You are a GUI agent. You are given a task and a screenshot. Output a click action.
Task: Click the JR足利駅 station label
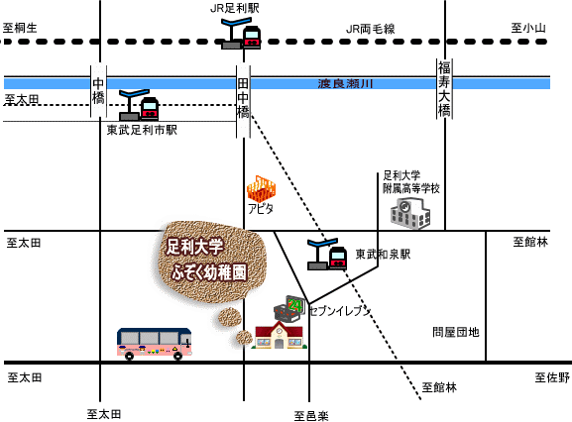[x=235, y=9]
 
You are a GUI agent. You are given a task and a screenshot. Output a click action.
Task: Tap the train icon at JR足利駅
[x=252, y=37]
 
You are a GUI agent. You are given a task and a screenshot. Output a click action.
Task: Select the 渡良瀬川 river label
[x=345, y=84]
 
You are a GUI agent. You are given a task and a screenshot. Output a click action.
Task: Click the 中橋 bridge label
[x=98, y=91]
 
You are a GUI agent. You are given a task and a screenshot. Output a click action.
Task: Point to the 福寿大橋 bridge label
[x=444, y=88]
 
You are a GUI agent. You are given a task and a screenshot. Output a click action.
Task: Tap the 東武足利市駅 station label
[x=142, y=130]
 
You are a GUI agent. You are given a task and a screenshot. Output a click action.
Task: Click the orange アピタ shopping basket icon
[x=261, y=189]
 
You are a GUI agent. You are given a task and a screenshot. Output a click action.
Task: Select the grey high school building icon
[x=410, y=213]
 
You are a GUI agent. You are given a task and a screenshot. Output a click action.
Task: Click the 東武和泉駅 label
[x=383, y=254]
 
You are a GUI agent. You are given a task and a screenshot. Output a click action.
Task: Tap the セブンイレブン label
[x=340, y=311]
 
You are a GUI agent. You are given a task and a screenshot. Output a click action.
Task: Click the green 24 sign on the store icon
[x=295, y=305]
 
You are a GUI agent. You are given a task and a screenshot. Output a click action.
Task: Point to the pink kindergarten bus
[x=155, y=344]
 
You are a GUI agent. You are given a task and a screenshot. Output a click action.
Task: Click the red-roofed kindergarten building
[x=280, y=335]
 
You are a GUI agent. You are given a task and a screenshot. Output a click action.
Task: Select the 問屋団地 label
[x=456, y=332]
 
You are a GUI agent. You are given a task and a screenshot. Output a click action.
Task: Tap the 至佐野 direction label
[x=552, y=377]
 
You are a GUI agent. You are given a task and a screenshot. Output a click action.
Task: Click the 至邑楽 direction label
[x=311, y=416]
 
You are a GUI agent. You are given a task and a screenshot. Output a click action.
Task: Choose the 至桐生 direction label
[x=20, y=28]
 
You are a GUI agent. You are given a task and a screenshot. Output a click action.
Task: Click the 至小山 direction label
[x=527, y=28]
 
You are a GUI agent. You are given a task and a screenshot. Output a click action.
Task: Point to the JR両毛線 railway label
[x=371, y=29]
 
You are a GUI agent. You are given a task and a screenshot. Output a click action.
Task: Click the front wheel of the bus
[x=177, y=356]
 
